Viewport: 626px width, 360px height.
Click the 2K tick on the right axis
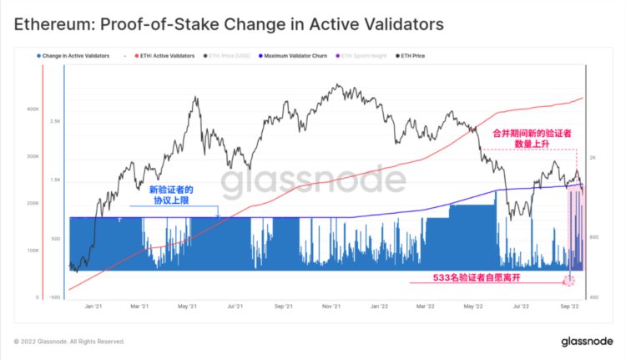593,158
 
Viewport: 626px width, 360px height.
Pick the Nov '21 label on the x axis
332,307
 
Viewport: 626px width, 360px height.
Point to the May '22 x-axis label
472,307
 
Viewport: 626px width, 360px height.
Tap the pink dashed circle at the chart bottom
571,279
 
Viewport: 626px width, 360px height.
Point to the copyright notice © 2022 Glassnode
68,342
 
